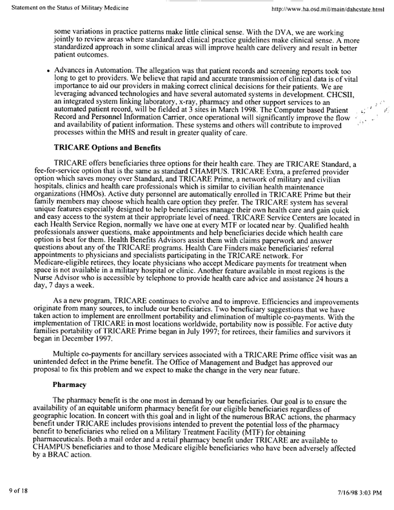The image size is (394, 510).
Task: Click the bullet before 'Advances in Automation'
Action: (48, 68)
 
